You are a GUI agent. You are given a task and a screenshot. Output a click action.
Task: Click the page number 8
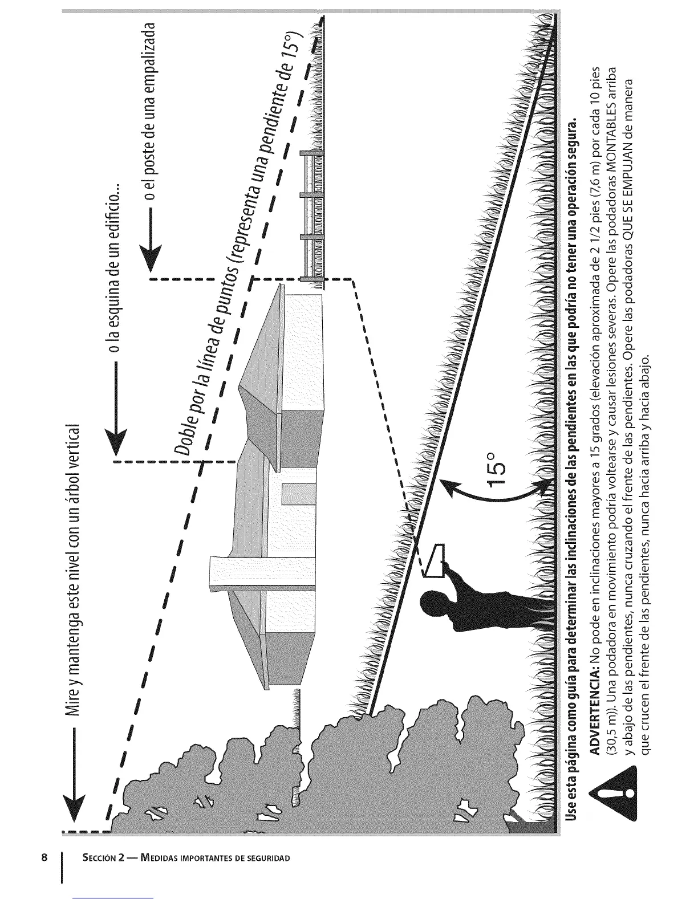pyautogui.click(x=43, y=857)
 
